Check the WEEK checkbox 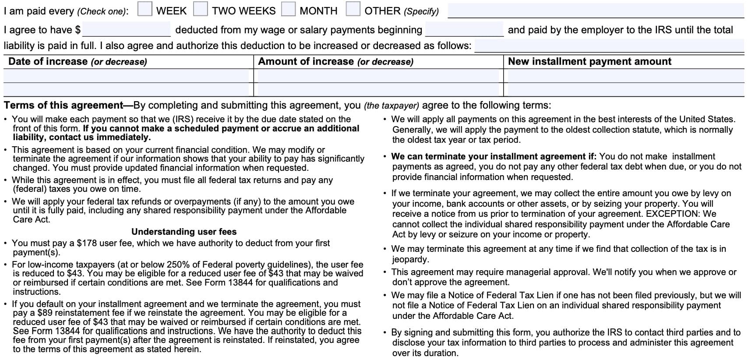click(145, 9)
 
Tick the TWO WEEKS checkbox click(201, 9)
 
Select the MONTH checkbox click(288, 9)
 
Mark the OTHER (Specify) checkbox click(353, 9)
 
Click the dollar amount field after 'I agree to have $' click(126, 30)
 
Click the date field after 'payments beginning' click(464, 30)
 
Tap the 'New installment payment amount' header click(589, 62)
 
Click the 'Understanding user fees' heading click(184, 232)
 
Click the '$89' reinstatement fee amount click(46, 313)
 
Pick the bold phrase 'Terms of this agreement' click(64, 106)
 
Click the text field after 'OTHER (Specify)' click(596, 11)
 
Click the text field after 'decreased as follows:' click(609, 46)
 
